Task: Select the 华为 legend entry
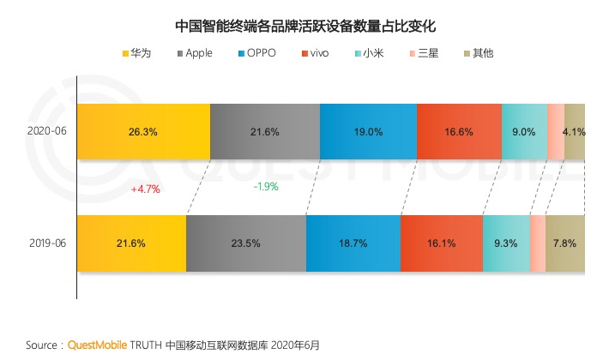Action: [136, 53]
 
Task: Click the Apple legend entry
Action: [194, 53]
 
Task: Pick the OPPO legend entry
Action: [256, 53]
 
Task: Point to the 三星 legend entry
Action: [423, 53]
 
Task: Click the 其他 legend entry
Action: [477, 53]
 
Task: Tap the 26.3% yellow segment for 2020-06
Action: [143, 132]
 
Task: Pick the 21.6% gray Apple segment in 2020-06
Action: [265, 132]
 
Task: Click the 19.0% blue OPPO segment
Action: [368, 132]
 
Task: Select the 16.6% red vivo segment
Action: [459, 132]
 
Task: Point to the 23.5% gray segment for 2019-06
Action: [245, 243]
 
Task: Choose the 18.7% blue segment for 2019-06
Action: [353, 243]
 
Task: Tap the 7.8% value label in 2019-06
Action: [564, 243]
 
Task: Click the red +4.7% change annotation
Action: [145, 189]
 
